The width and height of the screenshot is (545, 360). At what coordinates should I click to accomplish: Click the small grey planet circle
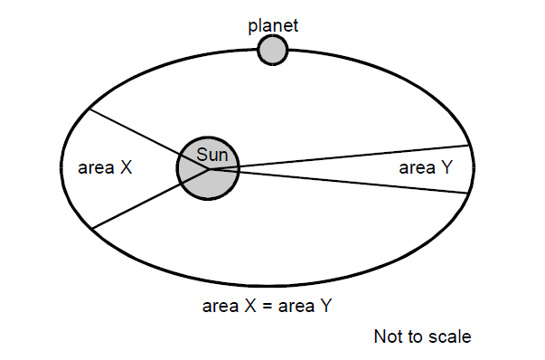click(273, 50)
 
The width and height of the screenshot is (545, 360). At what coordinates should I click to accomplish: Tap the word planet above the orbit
click(273, 24)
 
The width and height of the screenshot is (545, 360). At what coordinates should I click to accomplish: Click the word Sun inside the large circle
click(212, 157)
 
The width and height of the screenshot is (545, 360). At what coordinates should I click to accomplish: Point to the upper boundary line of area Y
click(352, 156)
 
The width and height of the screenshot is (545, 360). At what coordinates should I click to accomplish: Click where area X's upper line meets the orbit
click(88, 109)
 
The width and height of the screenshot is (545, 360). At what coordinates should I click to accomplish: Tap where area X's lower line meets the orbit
click(92, 227)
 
